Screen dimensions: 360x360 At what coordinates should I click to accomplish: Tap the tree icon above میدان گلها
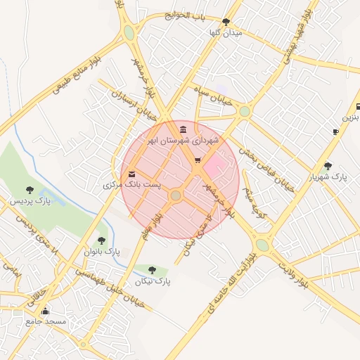click(x=226, y=22)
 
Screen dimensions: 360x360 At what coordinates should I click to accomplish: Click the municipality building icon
click(x=184, y=129)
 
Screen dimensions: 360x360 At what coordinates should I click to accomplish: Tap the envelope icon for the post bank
click(x=132, y=174)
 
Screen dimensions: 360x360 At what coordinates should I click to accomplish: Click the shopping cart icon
click(x=198, y=161)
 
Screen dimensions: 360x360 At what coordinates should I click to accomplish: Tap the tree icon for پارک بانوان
click(x=101, y=240)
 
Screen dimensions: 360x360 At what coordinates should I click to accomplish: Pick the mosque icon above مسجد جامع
click(x=46, y=311)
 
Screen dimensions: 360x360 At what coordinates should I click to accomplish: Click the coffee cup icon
click(x=335, y=131)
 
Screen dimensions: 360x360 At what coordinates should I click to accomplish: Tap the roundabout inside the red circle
click(x=176, y=195)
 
